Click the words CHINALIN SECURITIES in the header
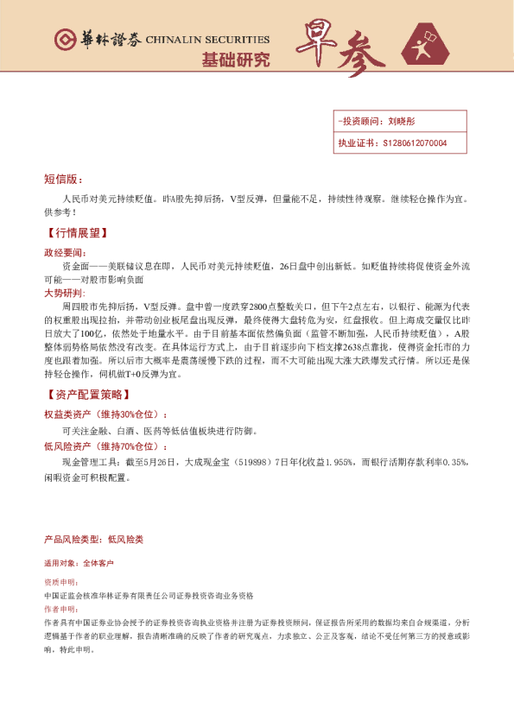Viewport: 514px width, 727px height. (x=207, y=40)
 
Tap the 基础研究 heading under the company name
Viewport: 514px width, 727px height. (x=235, y=60)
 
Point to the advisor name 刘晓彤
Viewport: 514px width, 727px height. (x=402, y=122)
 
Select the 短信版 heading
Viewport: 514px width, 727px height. (x=62, y=180)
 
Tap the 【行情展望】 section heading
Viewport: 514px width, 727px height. (x=75, y=233)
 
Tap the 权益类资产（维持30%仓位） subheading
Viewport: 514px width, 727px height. (x=105, y=414)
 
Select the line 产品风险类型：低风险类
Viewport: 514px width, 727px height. (x=93, y=539)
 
